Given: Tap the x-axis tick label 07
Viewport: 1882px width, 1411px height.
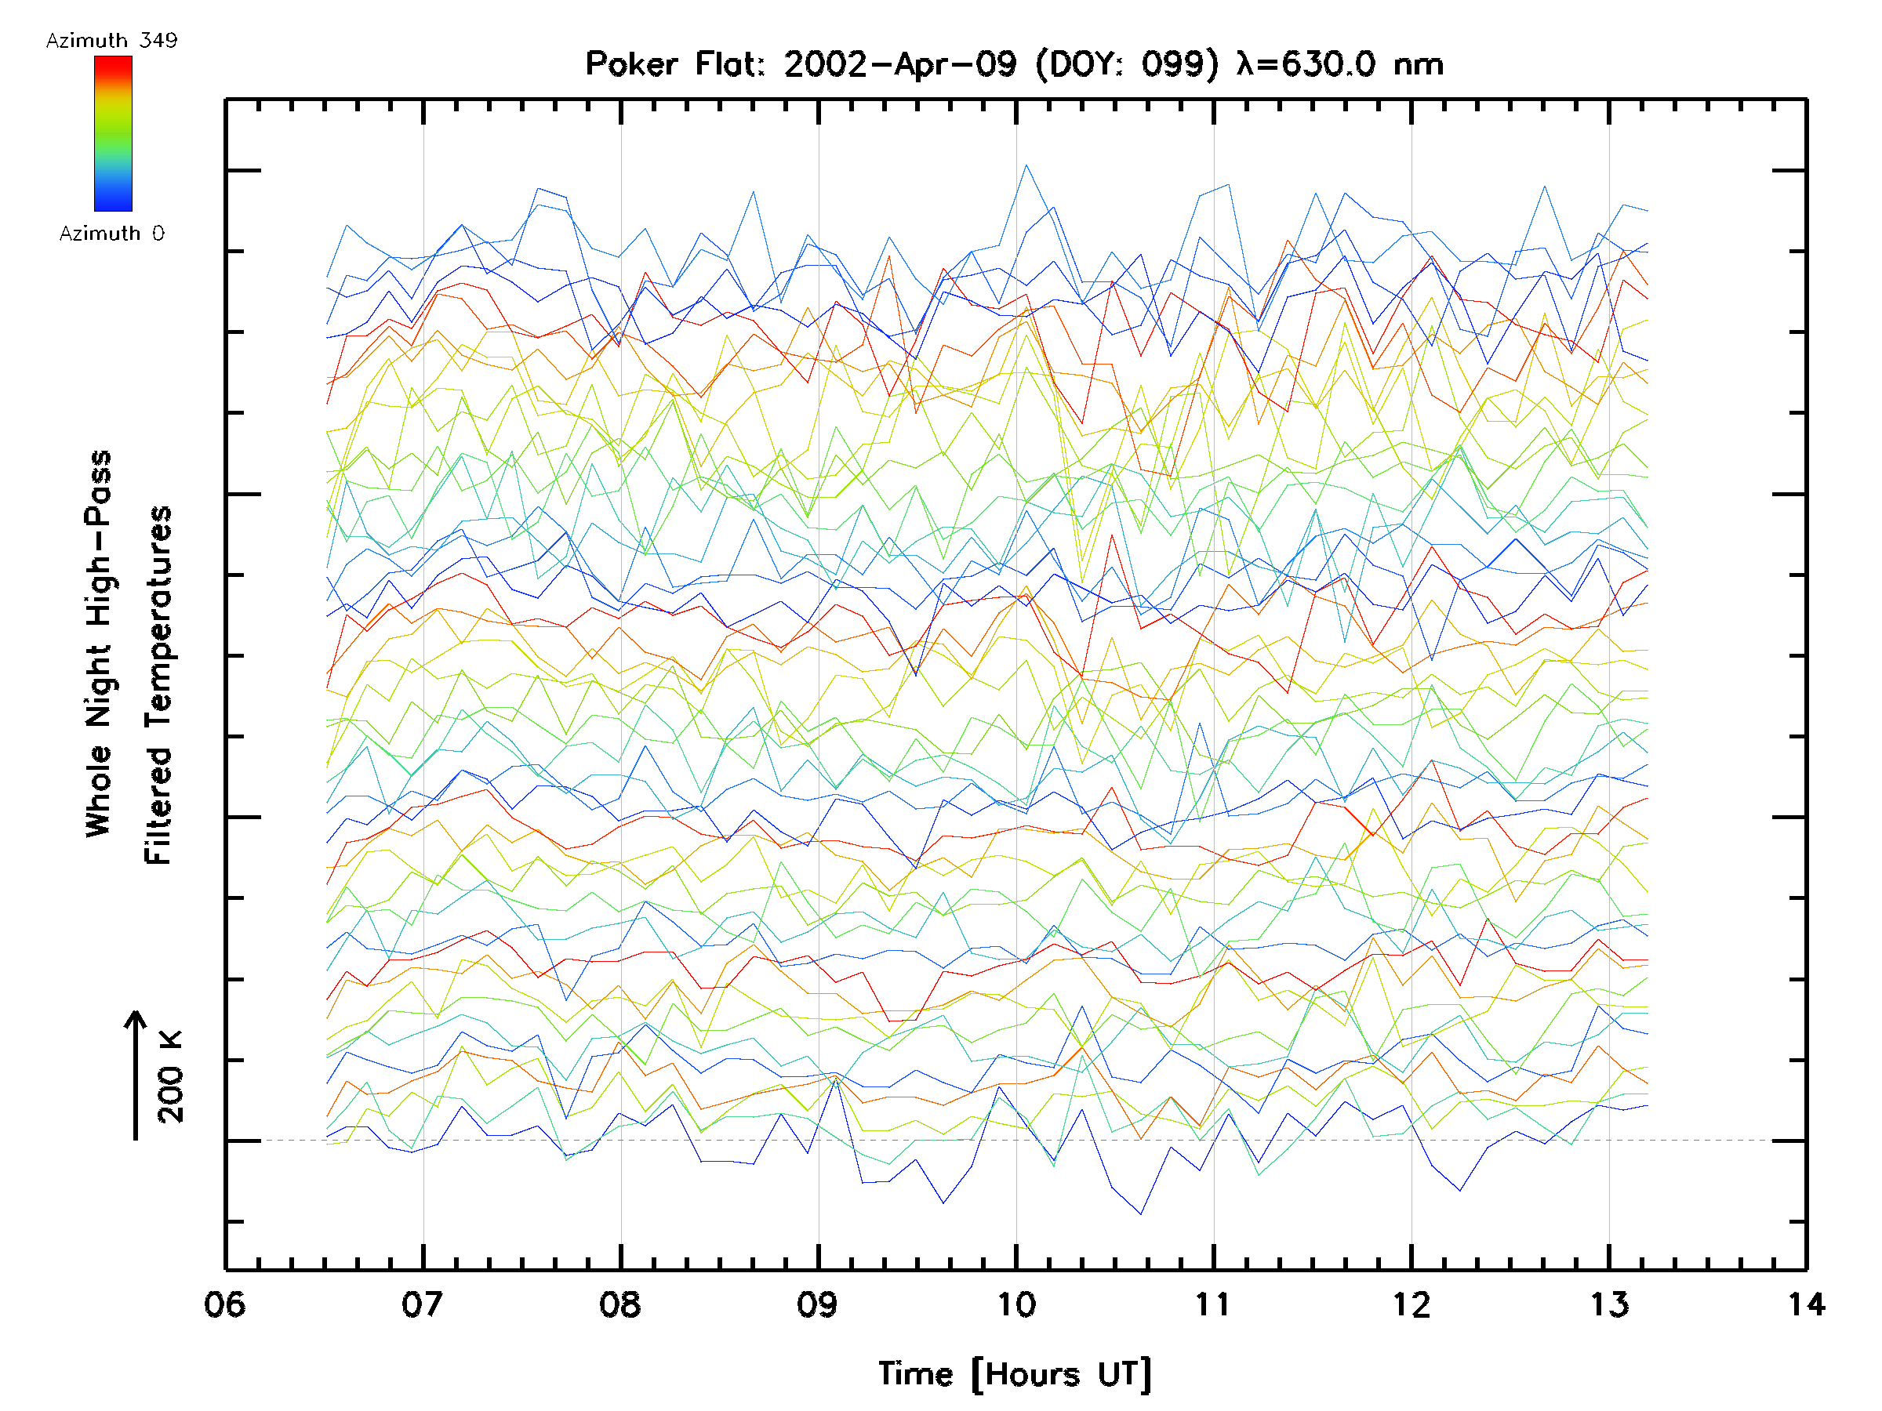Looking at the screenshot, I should point(423,1304).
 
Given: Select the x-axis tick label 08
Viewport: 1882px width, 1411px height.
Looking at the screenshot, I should point(620,1304).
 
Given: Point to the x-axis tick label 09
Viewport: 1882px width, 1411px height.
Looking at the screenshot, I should point(818,1304).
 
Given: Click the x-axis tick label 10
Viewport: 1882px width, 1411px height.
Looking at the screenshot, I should point(1015,1304).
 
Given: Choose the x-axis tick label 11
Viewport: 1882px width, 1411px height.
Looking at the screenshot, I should point(1213,1304).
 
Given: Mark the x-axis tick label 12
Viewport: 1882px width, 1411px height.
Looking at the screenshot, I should point(1411,1304).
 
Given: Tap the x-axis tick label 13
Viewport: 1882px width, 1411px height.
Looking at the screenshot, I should point(1609,1304).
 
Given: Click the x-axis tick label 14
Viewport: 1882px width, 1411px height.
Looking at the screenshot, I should point(1805,1304).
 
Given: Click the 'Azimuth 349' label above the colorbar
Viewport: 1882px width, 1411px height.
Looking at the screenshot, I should point(111,41).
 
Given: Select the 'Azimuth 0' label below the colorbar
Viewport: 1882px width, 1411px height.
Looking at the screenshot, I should point(111,233).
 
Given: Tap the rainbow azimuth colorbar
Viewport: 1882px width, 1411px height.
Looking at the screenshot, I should point(113,133).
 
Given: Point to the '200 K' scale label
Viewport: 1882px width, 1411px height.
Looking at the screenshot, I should point(170,1077).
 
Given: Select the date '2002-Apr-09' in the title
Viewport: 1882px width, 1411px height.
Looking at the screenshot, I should point(900,64).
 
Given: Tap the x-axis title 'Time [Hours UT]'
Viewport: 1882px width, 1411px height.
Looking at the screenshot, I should point(1015,1374).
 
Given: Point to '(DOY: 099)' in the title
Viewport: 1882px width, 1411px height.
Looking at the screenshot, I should point(1128,64).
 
